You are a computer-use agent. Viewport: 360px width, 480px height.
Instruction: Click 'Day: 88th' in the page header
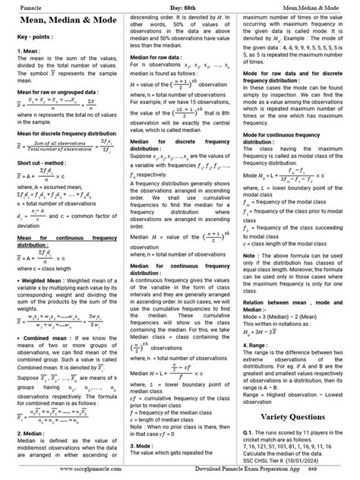tap(180, 7)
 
